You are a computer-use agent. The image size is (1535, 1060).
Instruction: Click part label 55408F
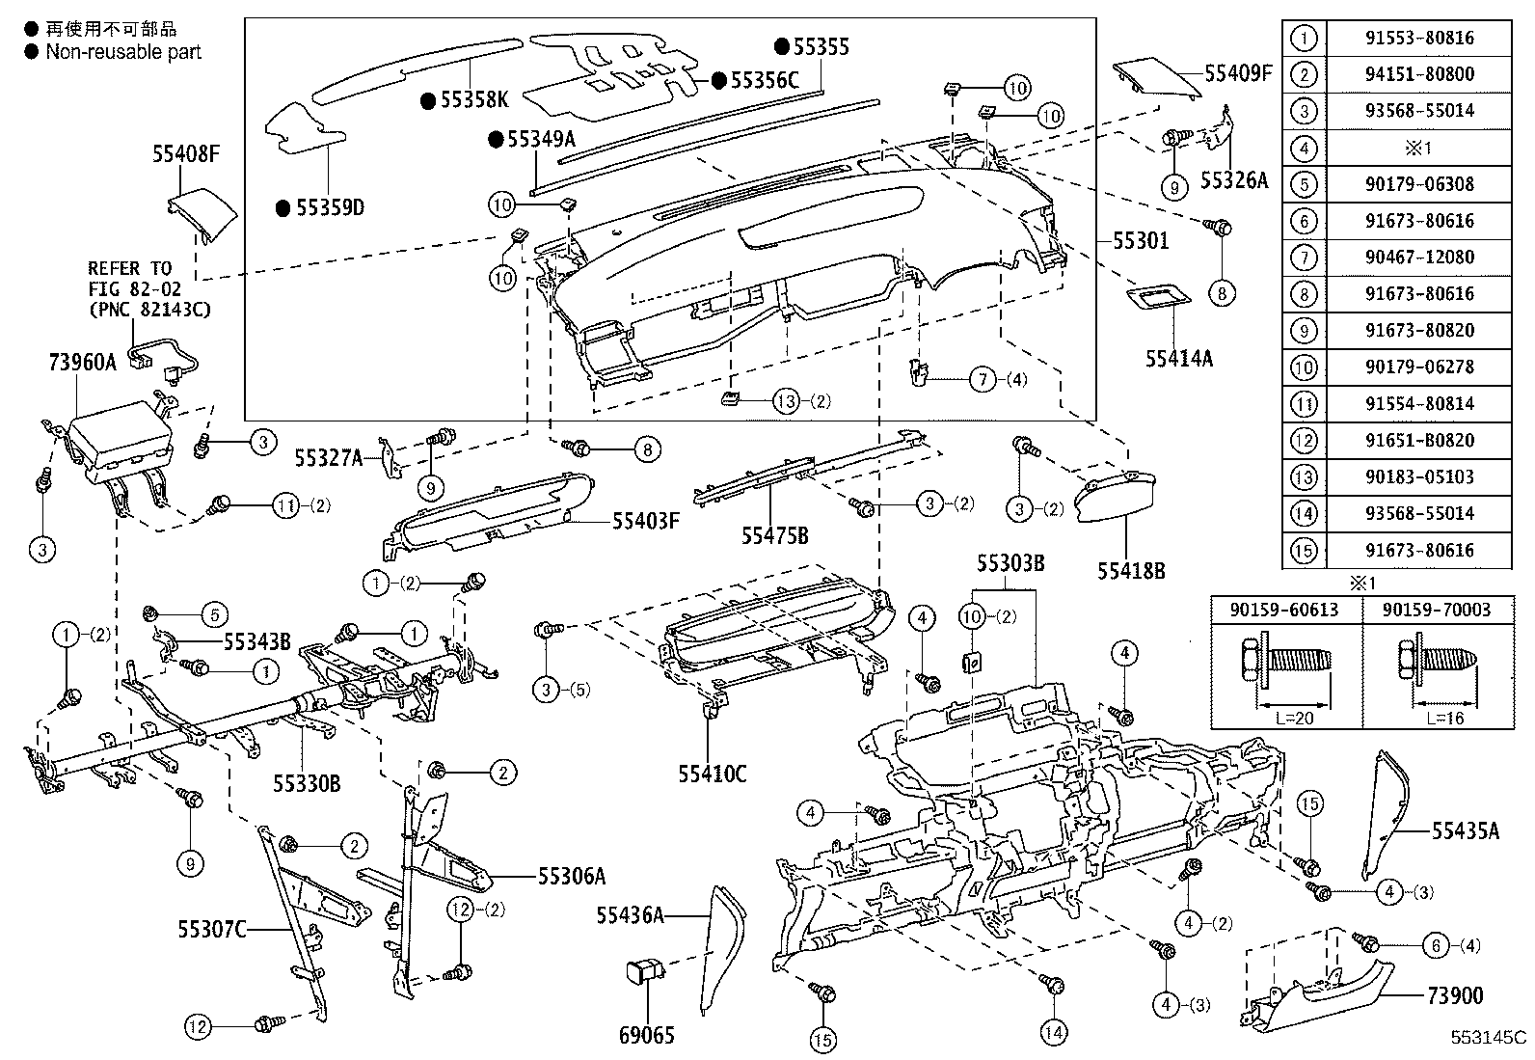[x=186, y=153]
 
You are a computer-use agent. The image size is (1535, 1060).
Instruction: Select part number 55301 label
[x=1141, y=240]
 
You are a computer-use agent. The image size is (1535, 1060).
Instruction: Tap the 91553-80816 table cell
[x=1419, y=38]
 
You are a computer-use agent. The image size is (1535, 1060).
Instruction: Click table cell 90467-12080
[x=1419, y=258]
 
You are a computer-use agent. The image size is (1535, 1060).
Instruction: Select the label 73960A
[x=82, y=362]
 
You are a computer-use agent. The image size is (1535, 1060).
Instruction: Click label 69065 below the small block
[x=648, y=1035]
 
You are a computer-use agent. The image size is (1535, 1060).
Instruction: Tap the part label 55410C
[x=712, y=773]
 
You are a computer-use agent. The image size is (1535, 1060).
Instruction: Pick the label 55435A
[x=1465, y=830]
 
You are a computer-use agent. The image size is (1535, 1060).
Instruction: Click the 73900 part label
[x=1454, y=995]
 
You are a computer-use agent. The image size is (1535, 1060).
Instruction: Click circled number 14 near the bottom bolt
[x=1054, y=1033]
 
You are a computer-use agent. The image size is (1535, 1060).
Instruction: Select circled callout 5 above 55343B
[x=213, y=613]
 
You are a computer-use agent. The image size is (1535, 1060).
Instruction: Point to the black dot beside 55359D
[x=283, y=207]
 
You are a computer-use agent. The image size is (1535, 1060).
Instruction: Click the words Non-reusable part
[x=123, y=52]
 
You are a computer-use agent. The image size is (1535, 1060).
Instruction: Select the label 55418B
[x=1130, y=571]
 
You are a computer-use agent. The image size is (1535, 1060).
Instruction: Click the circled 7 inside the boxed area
[x=983, y=379]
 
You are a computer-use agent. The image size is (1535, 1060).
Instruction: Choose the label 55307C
[x=212, y=929]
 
